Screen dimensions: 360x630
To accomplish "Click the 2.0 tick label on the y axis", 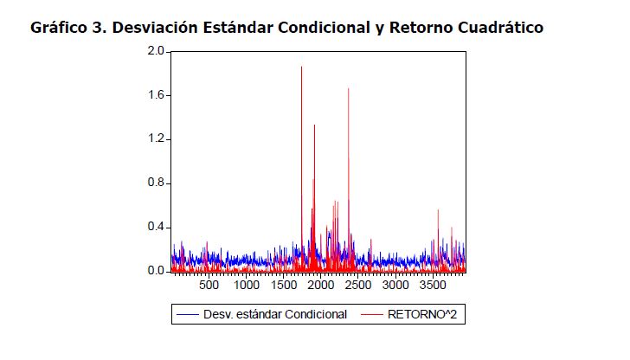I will [x=156, y=51].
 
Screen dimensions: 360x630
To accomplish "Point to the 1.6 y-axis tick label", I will [x=156, y=95].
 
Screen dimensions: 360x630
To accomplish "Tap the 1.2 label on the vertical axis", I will [x=156, y=139].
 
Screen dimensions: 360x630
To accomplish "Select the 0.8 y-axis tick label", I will [x=156, y=183].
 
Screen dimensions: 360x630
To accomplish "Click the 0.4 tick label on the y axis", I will [x=156, y=227].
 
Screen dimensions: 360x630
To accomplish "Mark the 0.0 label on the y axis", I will [x=156, y=271].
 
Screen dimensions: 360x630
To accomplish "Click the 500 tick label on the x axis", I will [x=209, y=285].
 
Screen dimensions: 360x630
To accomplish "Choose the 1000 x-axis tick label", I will [x=247, y=285].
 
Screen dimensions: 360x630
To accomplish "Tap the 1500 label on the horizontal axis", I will [x=284, y=285].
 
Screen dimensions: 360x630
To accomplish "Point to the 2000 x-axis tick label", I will [x=321, y=285].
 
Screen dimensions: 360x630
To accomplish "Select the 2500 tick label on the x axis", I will [x=358, y=285].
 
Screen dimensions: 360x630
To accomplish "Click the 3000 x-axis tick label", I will [x=395, y=285].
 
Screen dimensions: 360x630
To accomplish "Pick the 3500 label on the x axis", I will [x=433, y=285].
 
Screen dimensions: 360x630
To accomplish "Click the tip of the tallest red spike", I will [x=301, y=67].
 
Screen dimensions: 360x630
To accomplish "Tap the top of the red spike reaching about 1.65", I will [x=348, y=88].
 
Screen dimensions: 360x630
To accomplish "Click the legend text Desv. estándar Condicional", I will [x=275, y=314].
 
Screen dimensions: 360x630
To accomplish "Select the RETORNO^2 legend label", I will [x=426, y=314].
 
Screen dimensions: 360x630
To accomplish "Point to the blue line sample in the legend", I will [x=188, y=314].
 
